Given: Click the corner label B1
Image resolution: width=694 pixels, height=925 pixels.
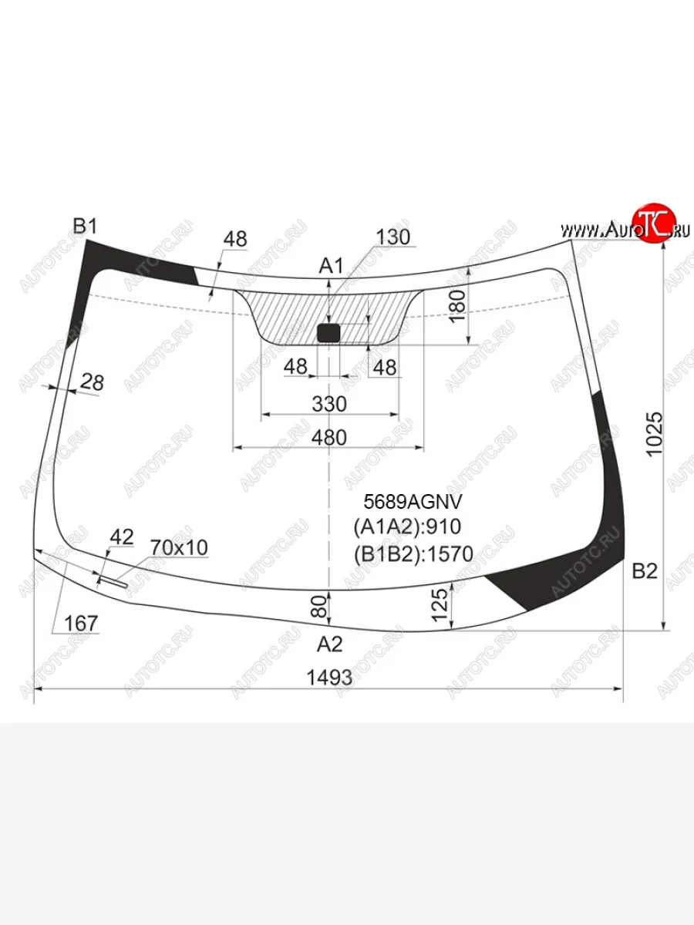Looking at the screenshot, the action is [85, 226].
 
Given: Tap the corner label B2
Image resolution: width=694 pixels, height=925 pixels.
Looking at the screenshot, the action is [645, 571].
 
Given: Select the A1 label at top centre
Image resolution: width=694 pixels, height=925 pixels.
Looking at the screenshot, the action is [332, 266].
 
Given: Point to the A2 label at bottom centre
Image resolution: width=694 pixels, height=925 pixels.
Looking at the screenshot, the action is [330, 644].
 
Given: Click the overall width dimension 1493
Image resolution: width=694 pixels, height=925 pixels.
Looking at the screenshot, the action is [329, 678].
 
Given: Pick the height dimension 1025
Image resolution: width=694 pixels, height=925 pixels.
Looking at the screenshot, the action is [655, 434].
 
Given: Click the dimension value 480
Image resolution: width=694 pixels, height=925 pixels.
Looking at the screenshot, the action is [329, 438].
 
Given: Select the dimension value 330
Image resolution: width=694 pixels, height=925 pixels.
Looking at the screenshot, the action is [329, 404].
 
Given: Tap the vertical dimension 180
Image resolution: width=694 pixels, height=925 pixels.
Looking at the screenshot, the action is [457, 306].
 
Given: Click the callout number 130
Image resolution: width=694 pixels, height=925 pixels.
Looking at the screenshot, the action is [392, 237].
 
